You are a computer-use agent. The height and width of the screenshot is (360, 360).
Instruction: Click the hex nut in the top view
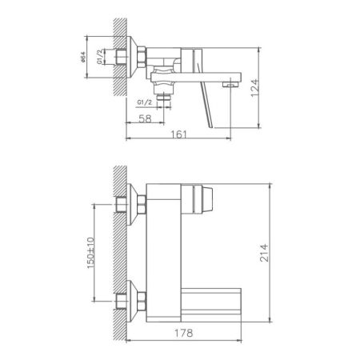coord(142,57)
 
